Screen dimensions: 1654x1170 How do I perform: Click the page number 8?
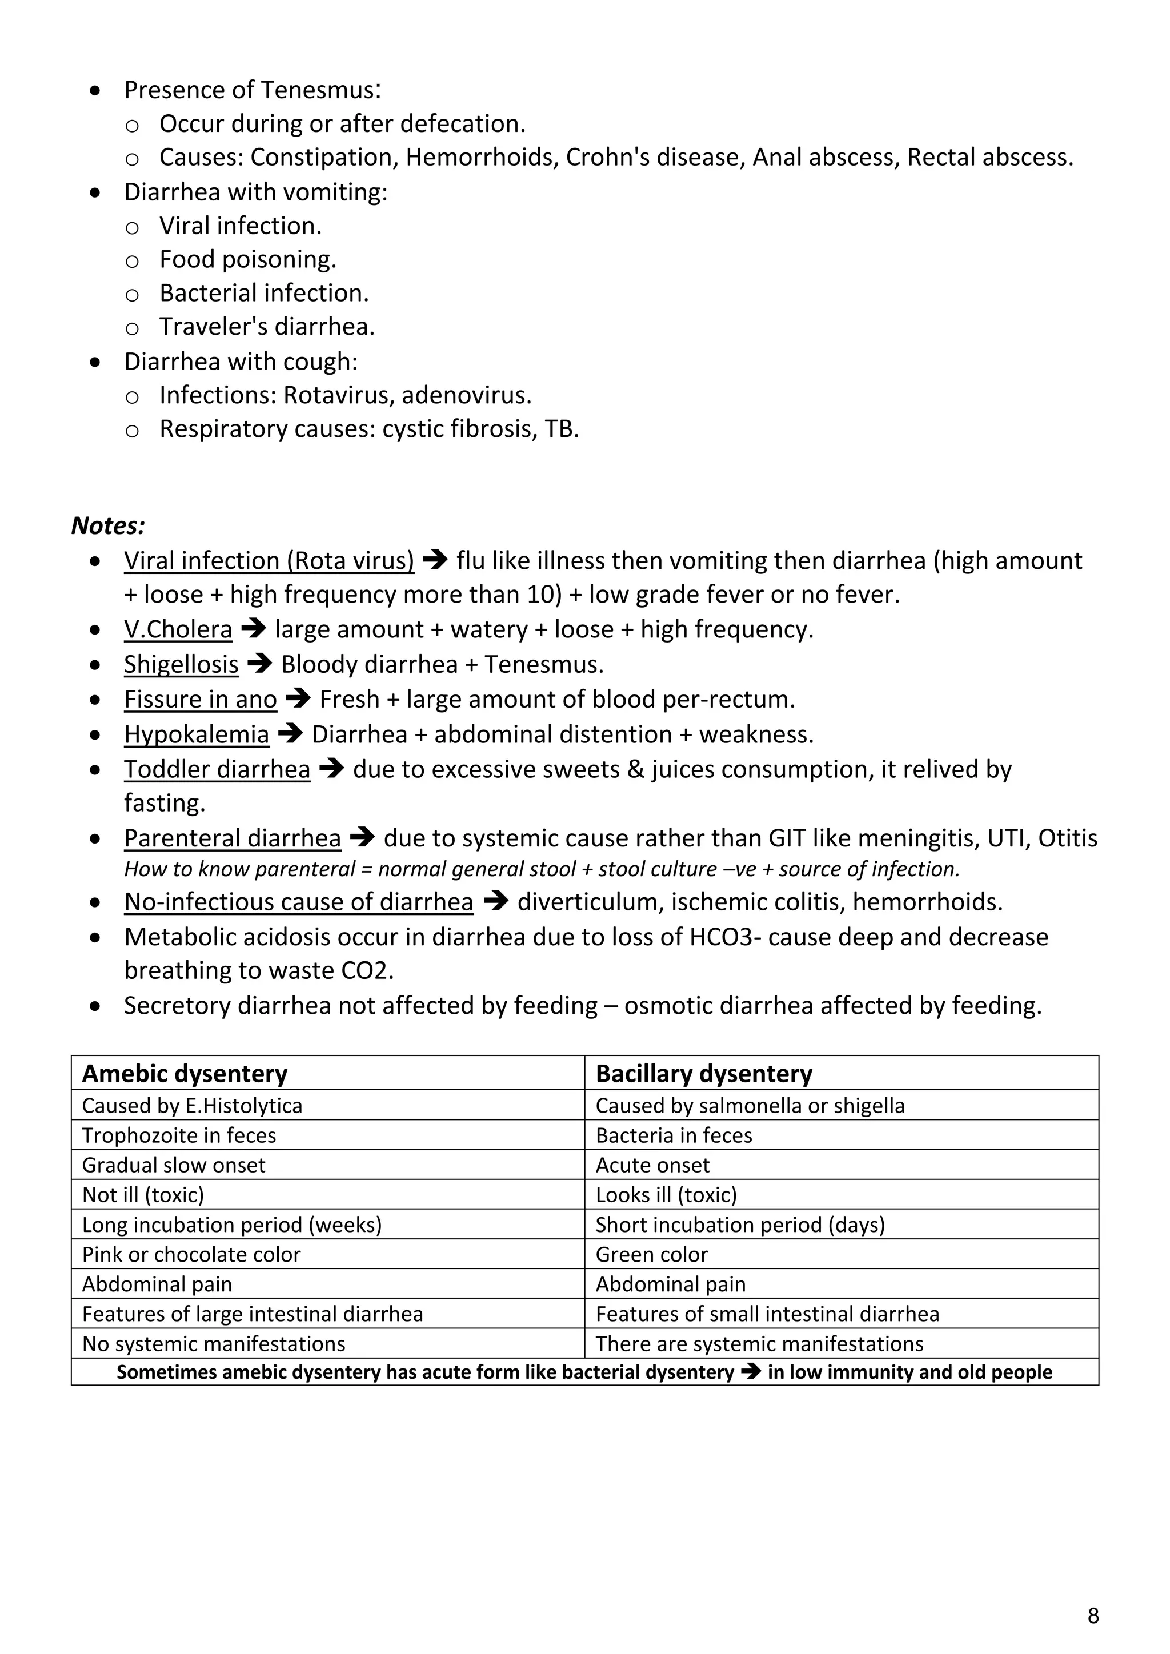click(x=1093, y=1616)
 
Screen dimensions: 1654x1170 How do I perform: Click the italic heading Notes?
click(x=108, y=526)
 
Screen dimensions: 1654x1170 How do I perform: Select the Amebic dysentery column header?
click(x=185, y=1073)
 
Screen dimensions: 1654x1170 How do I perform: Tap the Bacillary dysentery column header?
click(x=704, y=1073)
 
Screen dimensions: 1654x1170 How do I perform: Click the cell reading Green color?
click(x=651, y=1254)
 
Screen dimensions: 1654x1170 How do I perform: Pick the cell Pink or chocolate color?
click(x=191, y=1254)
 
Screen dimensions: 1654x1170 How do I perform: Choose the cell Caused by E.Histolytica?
click(x=193, y=1105)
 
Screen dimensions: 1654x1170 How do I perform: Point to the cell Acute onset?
click(x=652, y=1165)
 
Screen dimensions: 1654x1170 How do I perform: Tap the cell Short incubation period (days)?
click(x=740, y=1225)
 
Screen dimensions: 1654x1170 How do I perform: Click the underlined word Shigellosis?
click(x=181, y=664)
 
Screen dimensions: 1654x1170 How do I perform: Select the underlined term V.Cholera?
click(x=178, y=629)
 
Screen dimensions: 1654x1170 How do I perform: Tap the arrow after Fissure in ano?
click(x=298, y=698)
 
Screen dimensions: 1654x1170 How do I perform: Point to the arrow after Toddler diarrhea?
click(x=331, y=769)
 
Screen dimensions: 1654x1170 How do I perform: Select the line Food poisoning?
click(x=248, y=259)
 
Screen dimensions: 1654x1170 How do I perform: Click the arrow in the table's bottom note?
click(x=751, y=1372)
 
